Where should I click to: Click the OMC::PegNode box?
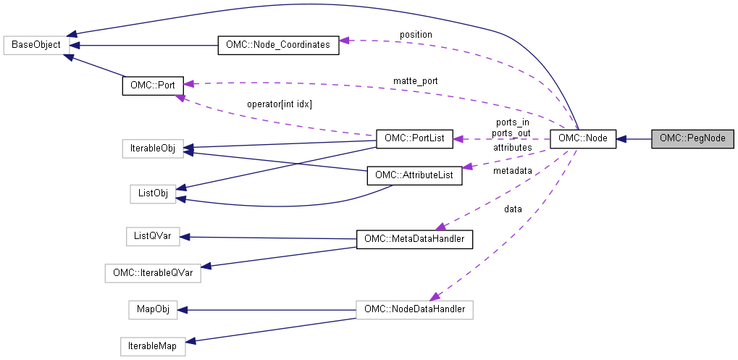[x=692, y=138]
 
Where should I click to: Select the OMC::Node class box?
[x=582, y=138]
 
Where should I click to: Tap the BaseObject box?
[x=37, y=45]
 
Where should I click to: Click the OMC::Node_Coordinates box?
[x=278, y=45]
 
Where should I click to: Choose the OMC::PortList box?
[x=414, y=138]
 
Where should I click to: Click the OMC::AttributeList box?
[x=414, y=175]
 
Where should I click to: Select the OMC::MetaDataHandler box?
[x=414, y=238]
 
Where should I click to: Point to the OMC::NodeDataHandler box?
[x=414, y=310]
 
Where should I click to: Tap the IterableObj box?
[x=153, y=148]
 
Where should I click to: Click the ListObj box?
[x=153, y=193]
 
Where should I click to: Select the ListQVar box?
[x=152, y=236]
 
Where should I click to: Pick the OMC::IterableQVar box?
[x=152, y=274]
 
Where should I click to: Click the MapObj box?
[x=152, y=309]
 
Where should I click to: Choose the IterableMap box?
[x=152, y=346]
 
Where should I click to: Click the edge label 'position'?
[x=416, y=35]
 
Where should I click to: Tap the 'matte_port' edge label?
[x=415, y=80]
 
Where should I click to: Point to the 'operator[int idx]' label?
[x=279, y=104]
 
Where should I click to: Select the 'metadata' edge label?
[x=512, y=171]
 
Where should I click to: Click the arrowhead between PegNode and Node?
[x=621, y=138]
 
